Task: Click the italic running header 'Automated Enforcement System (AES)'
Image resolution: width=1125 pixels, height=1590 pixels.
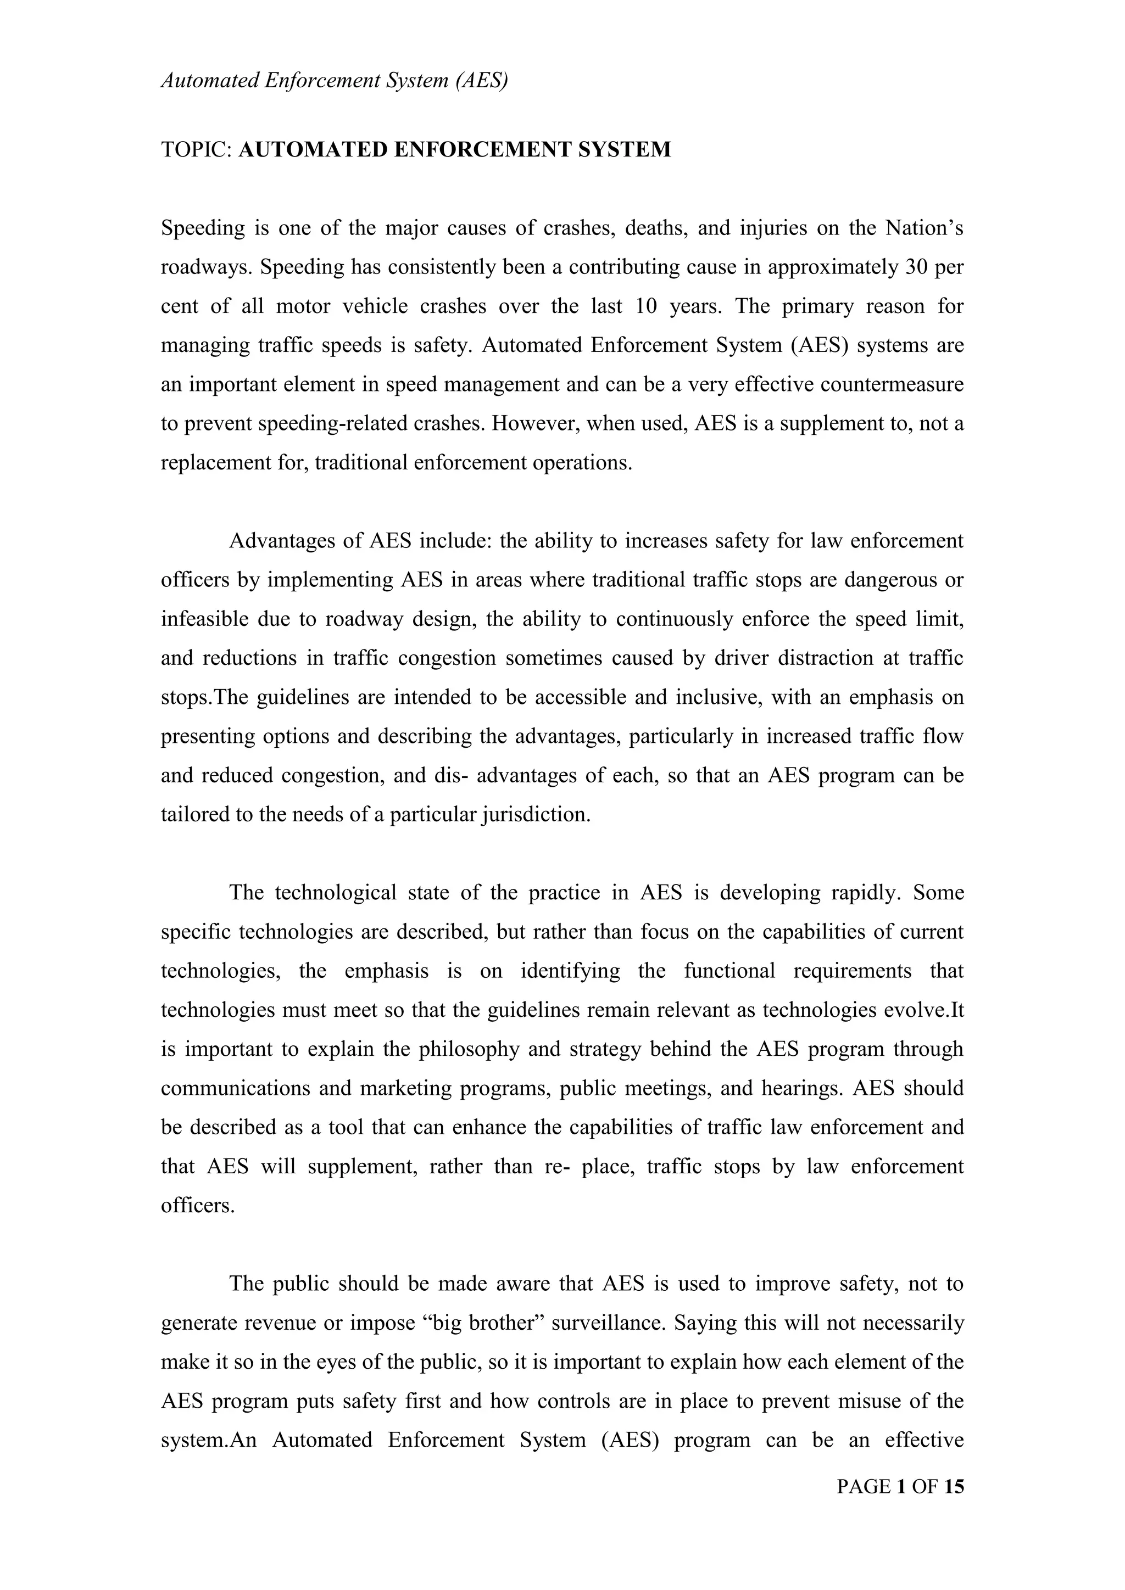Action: point(335,81)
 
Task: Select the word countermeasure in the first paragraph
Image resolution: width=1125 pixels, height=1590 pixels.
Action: point(892,384)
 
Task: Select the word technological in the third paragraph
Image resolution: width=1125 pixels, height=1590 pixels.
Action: point(336,893)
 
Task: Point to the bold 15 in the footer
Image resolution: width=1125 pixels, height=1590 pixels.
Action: point(953,1487)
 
